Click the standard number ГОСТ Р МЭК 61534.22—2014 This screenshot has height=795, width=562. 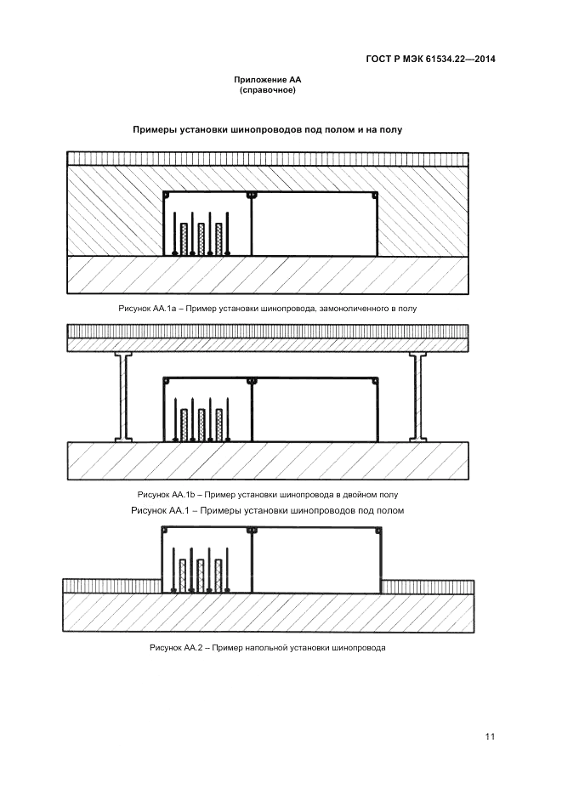(x=429, y=60)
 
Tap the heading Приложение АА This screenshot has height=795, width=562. (x=268, y=80)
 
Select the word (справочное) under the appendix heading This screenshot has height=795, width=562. (x=268, y=90)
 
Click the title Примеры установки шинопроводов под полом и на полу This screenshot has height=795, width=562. (x=267, y=130)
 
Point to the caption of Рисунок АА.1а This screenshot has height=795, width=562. (x=268, y=308)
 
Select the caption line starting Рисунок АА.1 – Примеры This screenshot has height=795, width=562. (x=267, y=511)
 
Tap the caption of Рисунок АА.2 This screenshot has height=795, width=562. (x=268, y=648)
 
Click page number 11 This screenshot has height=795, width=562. (x=490, y=736)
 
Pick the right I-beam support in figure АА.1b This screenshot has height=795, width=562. (x=417, y=397)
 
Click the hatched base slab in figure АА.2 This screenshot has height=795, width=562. (x=268, y=613)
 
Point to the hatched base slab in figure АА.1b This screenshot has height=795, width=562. (x=268, y=461)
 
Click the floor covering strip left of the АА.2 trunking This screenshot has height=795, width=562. (x=112, y=586)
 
